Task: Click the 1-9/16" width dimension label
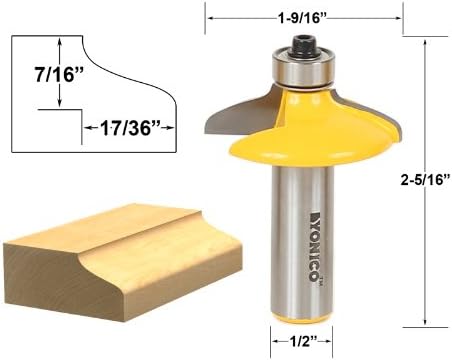[301, 18]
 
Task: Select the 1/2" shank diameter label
[302, 342]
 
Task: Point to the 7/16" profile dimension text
[59, 74]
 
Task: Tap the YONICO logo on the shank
[314, 246]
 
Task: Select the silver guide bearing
[303, 68]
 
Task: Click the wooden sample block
[122, 262]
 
